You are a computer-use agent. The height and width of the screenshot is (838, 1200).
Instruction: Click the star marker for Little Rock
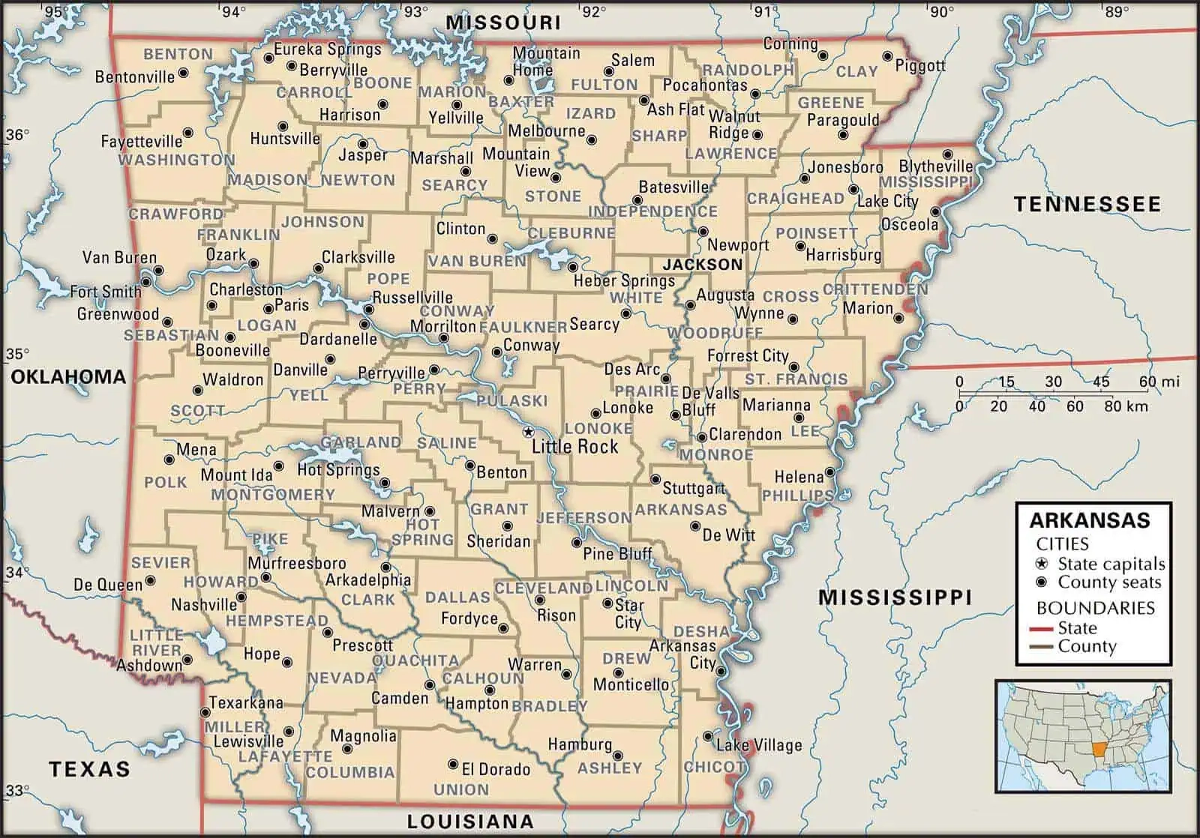(528, 432)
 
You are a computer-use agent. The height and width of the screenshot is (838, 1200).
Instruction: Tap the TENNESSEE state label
(1087, 204)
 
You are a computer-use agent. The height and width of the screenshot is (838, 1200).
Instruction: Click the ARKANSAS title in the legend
(1090, 520)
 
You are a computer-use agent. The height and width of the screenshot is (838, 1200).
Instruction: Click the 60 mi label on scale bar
(1159, 382)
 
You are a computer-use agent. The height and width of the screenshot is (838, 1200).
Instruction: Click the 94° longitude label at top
(232, 11)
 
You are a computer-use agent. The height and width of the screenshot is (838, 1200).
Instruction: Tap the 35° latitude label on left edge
(17, 354)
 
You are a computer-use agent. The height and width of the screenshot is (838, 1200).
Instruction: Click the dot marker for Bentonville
(183, 73)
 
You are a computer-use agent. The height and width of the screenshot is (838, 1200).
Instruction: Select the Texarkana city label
(246, 702)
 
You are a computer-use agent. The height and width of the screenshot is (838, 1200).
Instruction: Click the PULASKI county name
(511, 400)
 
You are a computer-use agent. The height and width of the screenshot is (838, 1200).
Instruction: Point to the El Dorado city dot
(453, 765)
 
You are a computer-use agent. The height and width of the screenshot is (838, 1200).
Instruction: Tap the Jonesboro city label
(845, 166)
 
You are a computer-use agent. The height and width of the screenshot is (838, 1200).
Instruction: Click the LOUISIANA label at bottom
(470, 822)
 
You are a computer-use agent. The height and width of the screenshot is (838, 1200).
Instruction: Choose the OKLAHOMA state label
(68, 377)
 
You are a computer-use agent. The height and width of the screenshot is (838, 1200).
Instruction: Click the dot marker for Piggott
(887, 56)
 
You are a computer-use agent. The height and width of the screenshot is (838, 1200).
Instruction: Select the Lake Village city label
(759, 744)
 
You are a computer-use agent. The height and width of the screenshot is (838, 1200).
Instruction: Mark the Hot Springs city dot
(385, 483)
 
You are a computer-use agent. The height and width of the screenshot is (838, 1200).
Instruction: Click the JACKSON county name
(702, 264)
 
